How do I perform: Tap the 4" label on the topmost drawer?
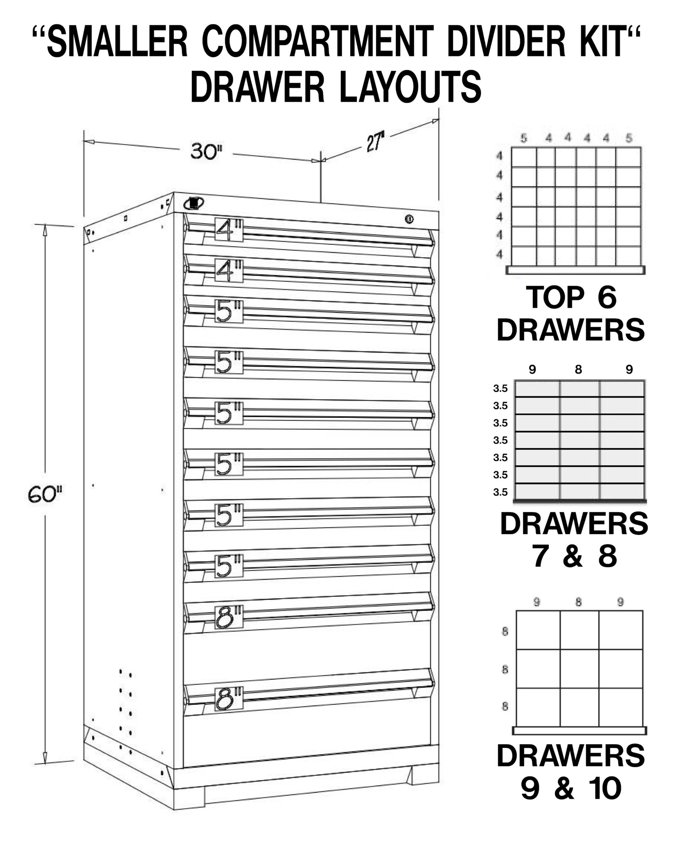(229, 230)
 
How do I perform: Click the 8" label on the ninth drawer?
(229, 619)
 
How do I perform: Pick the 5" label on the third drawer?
(229, 311)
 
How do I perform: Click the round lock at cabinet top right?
(409, 218)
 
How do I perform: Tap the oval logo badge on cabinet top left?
(193, 203)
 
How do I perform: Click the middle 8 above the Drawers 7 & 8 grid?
(579, 370)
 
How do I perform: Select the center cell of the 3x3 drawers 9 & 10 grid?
(579, 669)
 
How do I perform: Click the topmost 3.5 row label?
(500, 389)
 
